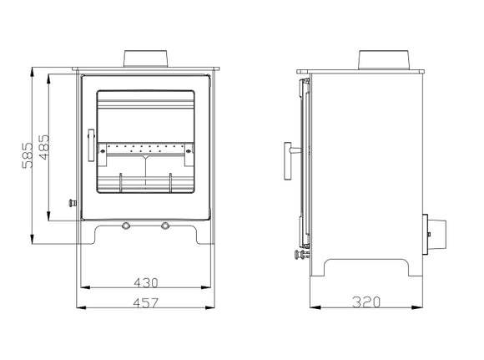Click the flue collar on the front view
click(148, 59)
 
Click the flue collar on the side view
click(383, 59)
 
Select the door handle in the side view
click(289, 159)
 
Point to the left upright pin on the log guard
click(122, 182)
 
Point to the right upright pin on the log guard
click(171, 182)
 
